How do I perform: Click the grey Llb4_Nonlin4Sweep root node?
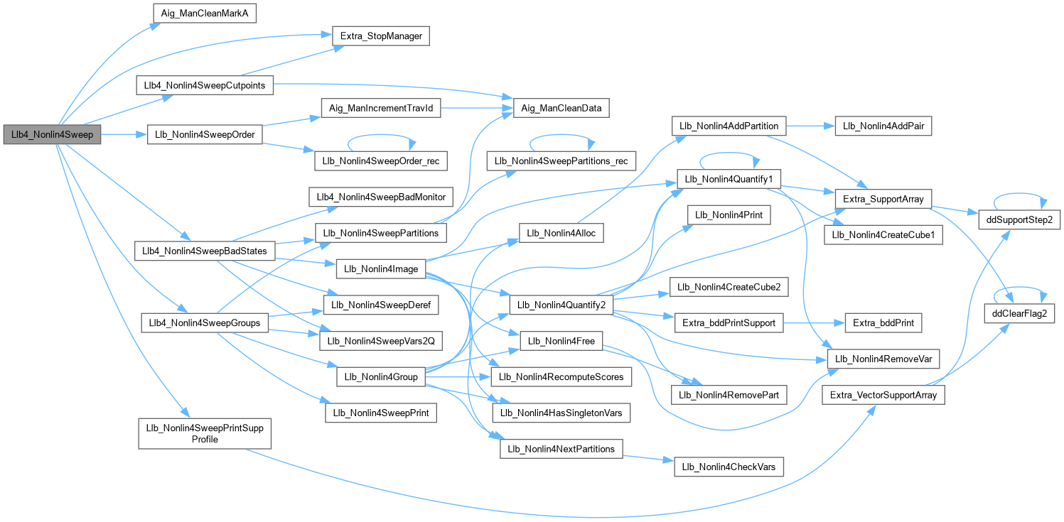51,135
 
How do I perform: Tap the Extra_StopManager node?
380,35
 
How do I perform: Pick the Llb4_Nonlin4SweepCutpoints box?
205,85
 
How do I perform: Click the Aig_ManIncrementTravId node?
381,109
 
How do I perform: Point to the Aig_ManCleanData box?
561,109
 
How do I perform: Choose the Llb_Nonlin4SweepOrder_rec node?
381,161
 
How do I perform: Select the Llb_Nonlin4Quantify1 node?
730,180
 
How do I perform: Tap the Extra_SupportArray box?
883,199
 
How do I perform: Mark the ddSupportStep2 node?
1020,220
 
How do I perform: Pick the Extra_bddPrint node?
883,323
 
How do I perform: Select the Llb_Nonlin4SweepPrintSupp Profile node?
205,434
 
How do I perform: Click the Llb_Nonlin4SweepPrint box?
380,413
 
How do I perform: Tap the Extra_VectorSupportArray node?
883,395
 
